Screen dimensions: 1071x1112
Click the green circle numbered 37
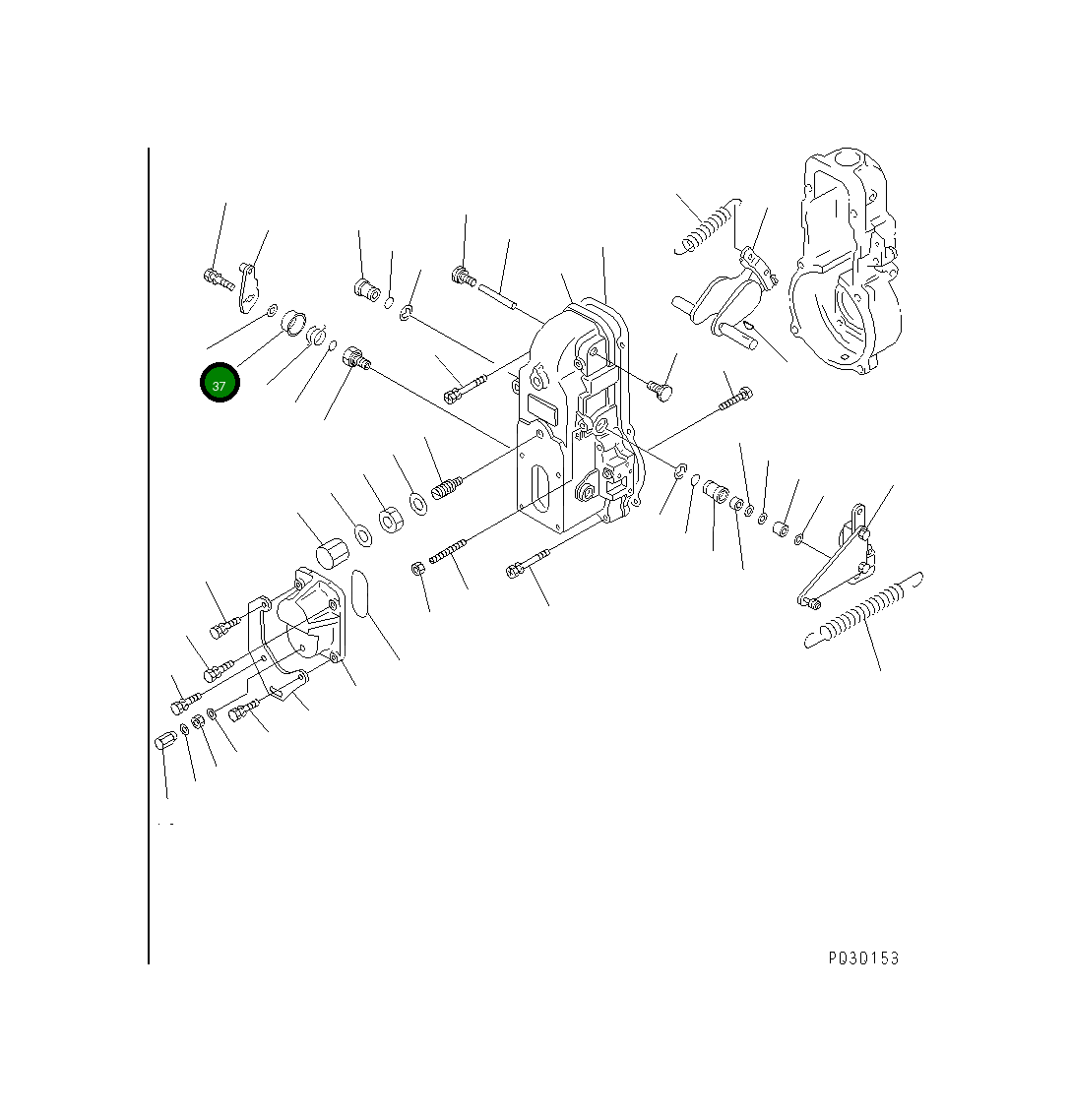(220, 382)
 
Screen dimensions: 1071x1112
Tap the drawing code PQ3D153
(863, 958)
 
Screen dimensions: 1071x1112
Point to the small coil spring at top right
(707, 226)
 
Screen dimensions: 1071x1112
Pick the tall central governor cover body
(575, 418)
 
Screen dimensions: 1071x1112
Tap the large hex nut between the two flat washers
(391, 520)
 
